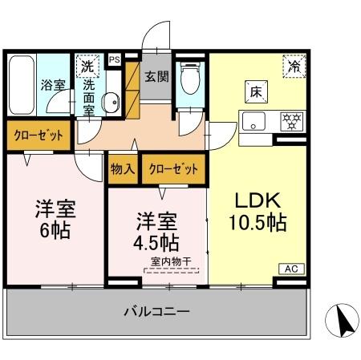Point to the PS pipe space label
(114, 59)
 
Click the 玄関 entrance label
(156, 78)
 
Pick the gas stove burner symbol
(290, 122)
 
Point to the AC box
(291, 269)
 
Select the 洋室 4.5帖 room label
(156, 230)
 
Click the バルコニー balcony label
(156, 311)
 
